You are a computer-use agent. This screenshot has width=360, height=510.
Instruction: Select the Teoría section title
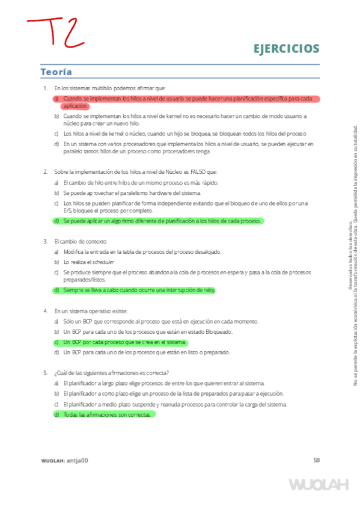[56, 72]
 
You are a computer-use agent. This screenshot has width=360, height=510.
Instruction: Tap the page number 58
[316, 460]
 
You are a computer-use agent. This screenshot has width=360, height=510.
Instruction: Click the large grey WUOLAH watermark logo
[319, 485]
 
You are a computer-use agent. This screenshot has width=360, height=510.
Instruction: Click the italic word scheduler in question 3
[100, 262]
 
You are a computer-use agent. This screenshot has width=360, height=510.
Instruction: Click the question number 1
[45, 88]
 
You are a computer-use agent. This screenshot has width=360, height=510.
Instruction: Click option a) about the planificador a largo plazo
[162, 383]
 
